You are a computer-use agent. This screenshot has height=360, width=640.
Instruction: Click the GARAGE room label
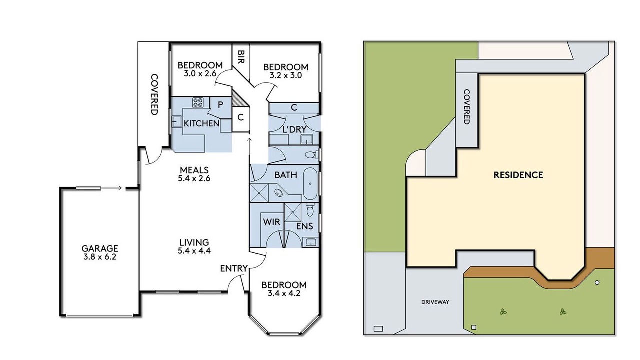point(99,248)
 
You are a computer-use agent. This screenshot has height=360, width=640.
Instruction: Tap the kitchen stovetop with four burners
point(198,103)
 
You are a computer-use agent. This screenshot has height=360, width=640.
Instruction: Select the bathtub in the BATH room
point(310,183)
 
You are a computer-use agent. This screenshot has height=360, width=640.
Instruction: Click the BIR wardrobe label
point(241,57)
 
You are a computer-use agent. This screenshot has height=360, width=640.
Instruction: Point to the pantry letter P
point(220,105)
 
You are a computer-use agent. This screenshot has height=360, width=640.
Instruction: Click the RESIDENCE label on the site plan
point(518,175)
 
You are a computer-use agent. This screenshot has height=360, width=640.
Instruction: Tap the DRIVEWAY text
point(435,302)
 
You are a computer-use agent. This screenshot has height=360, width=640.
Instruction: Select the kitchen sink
point(176,122)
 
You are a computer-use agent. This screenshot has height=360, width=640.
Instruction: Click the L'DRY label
point(294,129)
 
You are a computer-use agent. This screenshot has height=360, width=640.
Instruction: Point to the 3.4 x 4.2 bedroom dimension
point(284,293)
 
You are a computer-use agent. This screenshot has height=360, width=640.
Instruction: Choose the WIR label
point(271,222)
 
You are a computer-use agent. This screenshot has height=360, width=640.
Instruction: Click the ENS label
point(305,226)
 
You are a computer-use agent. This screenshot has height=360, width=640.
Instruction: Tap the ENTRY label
point(234,268)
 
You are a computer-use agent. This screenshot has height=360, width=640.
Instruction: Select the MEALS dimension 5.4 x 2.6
point(194,179)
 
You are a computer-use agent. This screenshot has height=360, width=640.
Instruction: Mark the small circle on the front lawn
point(597,283)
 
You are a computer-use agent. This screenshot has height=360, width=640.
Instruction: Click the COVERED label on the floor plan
point(154,94)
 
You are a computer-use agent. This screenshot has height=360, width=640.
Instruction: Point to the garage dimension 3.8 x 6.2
point(99,257)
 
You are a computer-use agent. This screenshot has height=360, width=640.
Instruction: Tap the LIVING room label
point(194,242)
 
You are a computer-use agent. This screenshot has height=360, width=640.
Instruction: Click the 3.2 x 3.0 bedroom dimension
point(286,75)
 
